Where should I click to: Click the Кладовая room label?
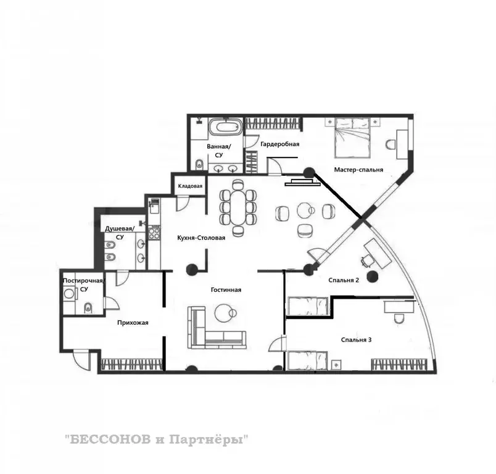[x=190, y=186]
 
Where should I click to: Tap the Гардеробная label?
[x=280, y=144]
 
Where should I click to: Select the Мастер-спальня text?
[x=358, y=170]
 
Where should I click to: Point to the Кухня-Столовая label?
[x=201, y=238]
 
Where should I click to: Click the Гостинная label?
[x=226, y=290]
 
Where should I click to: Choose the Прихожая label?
[x=133, y=323]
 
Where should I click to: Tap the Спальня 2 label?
[x=344, y=280]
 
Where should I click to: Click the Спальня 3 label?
[x=356, y=340]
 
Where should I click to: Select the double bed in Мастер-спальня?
[x=352, y=138]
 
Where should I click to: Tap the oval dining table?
[x=238, y=207]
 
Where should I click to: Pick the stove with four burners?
[x=155, y=233]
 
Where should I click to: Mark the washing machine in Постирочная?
[x=69, y=293]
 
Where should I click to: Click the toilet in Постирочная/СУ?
[x=88, y=307]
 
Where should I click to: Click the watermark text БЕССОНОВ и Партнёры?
[x=157, y=440]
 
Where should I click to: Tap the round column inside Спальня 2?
[x=372, y=276]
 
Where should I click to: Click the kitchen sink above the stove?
[x=155, y=207]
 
